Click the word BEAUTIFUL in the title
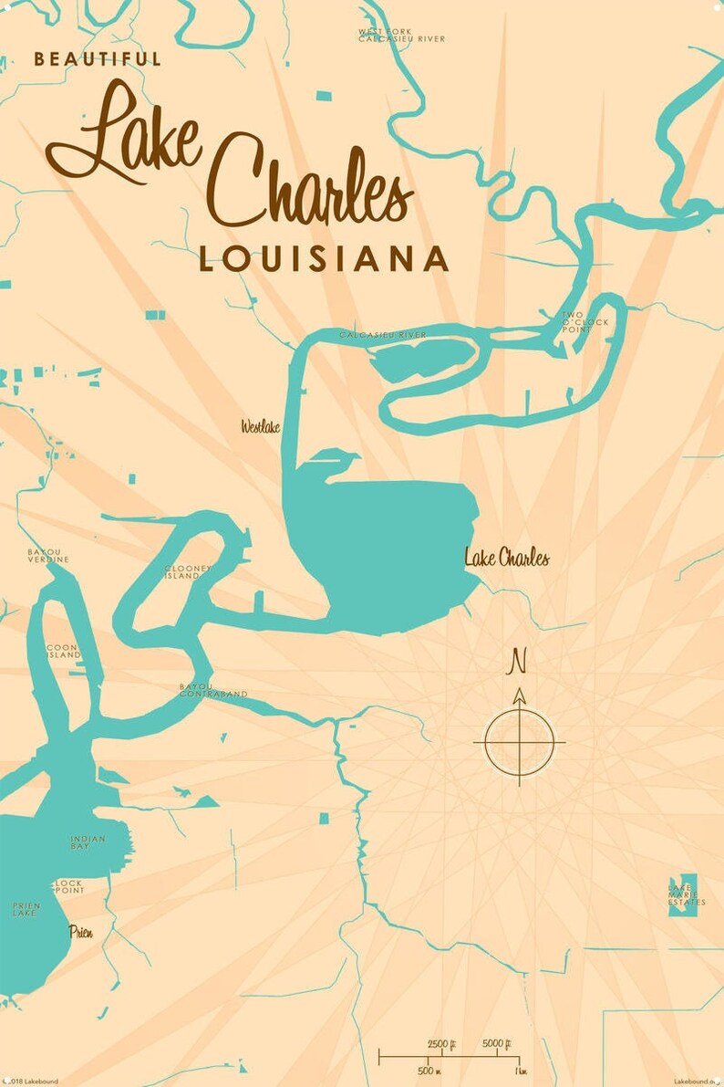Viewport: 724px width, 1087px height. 98,59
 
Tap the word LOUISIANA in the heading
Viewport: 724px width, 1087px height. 324,259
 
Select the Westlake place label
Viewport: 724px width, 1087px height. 261,426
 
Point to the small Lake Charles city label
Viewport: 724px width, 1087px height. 507,558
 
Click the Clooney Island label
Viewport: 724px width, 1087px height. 188,572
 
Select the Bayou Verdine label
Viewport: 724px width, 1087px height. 47,556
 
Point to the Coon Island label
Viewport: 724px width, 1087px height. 64,652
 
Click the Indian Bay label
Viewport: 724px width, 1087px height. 88,842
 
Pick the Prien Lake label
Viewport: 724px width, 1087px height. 26,909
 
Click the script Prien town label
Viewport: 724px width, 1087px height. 81,932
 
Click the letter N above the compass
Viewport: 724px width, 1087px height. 519,659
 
